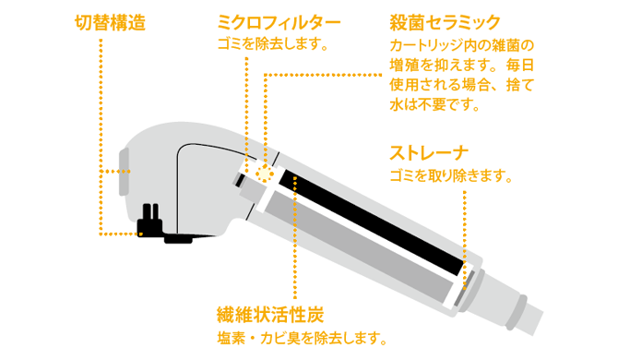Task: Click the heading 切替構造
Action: tap(110, 22)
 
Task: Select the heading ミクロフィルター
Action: tap(279, 22)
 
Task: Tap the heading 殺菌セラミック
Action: tap(445, 22)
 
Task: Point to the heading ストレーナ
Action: tap(429, 153)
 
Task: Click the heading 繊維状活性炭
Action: tap(271, 315)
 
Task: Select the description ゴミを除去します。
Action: tap(273, 44)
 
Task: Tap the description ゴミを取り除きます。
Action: tap(451, 175)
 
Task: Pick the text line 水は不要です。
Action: tap(434, 105)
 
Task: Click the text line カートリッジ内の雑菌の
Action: tap(461, 46)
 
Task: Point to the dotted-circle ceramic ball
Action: tap(265, 174)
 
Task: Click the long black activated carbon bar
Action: tap(372, 222)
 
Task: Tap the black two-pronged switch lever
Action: tap(149, 220)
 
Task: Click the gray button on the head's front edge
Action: tap(125, 172)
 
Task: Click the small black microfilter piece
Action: tap(239, 180)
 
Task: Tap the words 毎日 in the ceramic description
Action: tap(520, 66)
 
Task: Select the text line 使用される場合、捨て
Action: tap(461, 85)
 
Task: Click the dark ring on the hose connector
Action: tap(516, 313)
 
